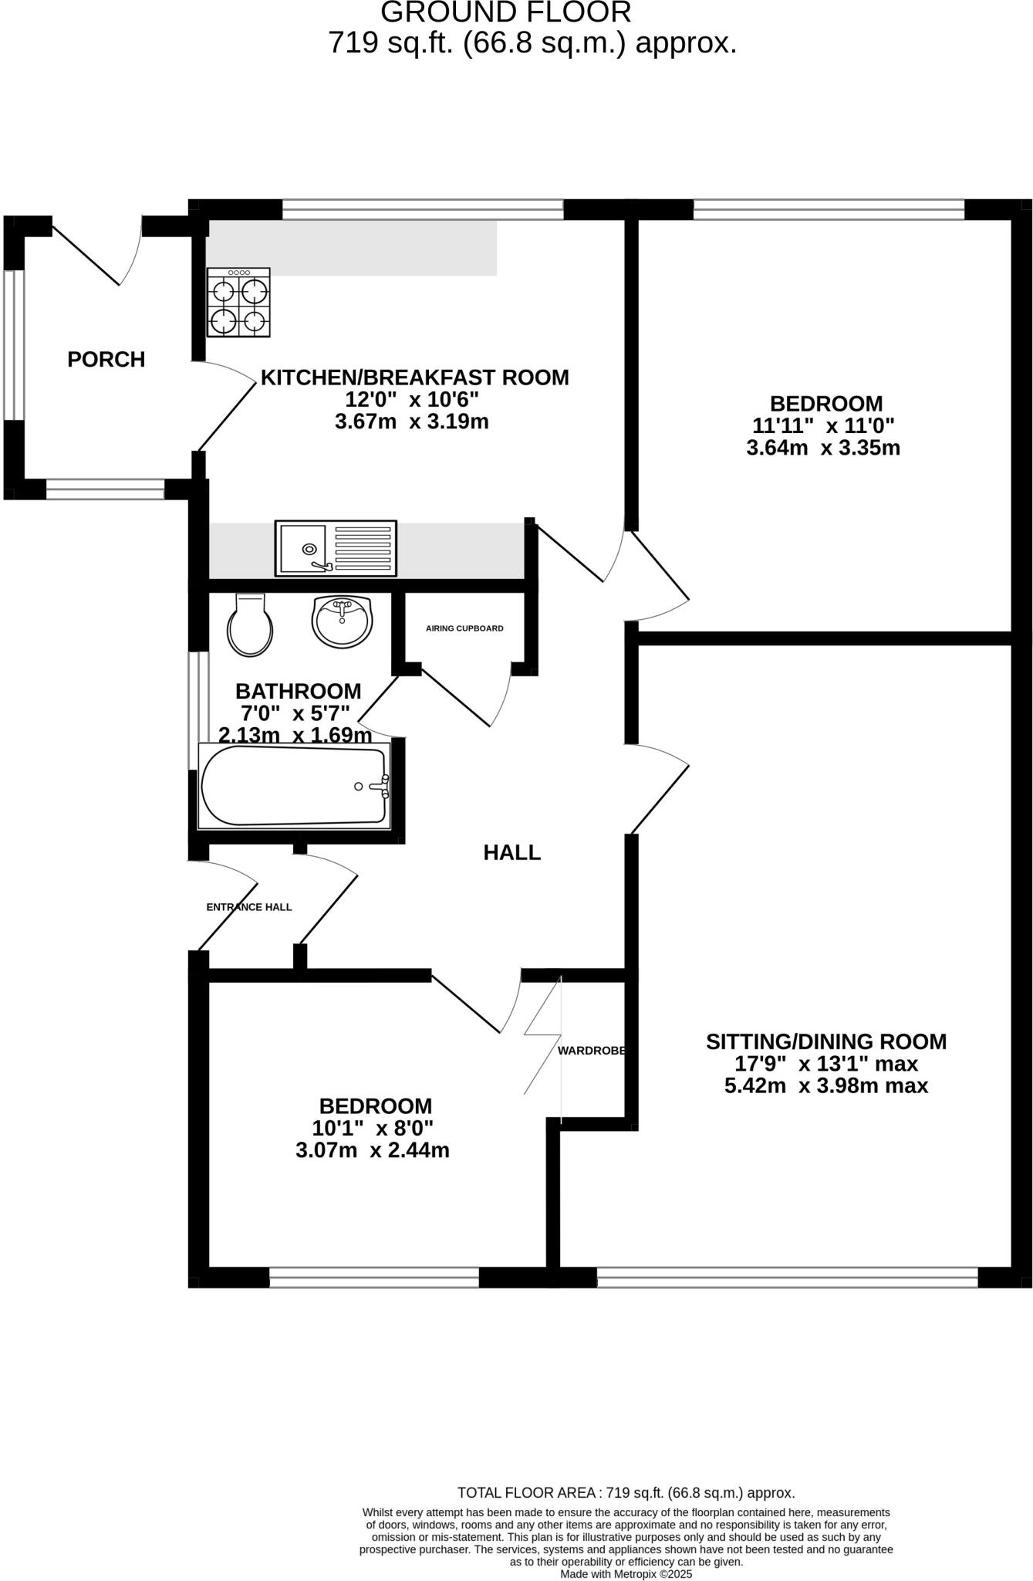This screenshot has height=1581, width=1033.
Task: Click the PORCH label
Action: pyautogui.click(x=106, y=360)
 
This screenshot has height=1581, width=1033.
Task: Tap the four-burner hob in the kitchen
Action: pyautogui.click(x=238, y=303)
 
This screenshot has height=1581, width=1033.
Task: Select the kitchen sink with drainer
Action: pyautogui.click(x=336, y=548)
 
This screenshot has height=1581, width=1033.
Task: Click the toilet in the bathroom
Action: pyautogui.click(x=250, y=626)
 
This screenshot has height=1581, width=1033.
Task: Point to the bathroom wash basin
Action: pyautogui.click(x=343, y=621)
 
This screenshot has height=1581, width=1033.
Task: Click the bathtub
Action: pyautogui.click(x=294, y=786)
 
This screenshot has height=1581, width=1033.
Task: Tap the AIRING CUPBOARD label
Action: pyautogui.click(x=464, y=628)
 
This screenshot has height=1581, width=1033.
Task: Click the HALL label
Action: pyautogui.click(x=512, y=853)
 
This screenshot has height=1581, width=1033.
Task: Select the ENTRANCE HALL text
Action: pyautogui.click(x=249, y=907)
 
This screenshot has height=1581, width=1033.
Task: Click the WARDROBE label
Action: pyautogui.click(x=591, y=1051)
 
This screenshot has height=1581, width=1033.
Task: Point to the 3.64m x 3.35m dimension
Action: pyautogui.click(x=823, y=449)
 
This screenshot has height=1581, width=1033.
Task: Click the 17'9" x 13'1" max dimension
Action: pyautogui.click(x=826, y=1064)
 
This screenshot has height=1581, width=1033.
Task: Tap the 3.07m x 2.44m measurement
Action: pyautogui.click(x=373, y=1151)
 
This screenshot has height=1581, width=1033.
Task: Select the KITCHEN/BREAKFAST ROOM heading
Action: pyautogui.click(x=415, y=378)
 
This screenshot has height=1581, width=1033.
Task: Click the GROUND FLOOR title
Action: pyautogui.click(x=506, y=12)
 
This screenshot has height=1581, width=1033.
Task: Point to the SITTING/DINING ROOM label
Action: pyautogui.click(x=826, y=1042)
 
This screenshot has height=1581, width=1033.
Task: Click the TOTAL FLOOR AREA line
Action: pyautogui.click(x=626, y=1493)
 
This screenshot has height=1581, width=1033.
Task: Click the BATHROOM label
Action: pyautogui.click(x=298, y=691)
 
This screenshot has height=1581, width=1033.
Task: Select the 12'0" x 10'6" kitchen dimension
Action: pyautogui.click(x=412, y=400)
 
